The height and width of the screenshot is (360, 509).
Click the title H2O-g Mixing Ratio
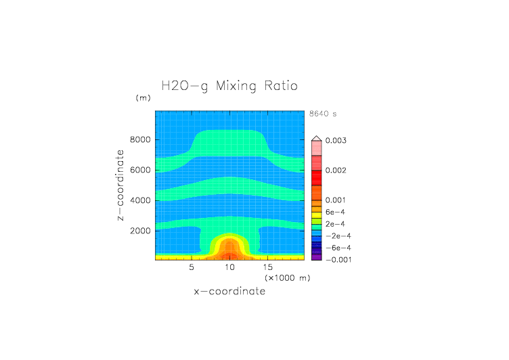click(x=229, y=87)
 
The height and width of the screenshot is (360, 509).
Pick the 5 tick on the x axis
click(x=192, y=268)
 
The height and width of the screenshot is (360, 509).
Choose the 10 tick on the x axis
click(x=230, y=268)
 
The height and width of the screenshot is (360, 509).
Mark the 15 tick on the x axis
click(x=267, y=268)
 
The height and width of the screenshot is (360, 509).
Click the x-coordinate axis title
click(x=229, y=292)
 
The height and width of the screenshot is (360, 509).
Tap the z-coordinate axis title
click(x=120, y=185)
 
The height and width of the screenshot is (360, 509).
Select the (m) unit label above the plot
click(x=143, y=98)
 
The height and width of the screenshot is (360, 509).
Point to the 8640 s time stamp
click(x=322, y=114)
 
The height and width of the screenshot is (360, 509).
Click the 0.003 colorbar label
click(x=337, y=141)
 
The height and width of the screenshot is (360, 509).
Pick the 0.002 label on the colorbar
click(x=337, y=171)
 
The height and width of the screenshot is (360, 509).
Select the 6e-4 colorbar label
click(x=336, y=212)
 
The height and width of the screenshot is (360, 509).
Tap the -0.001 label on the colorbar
click(x=338, y=260)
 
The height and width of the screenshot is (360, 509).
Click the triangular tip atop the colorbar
click(x=316, y=138)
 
